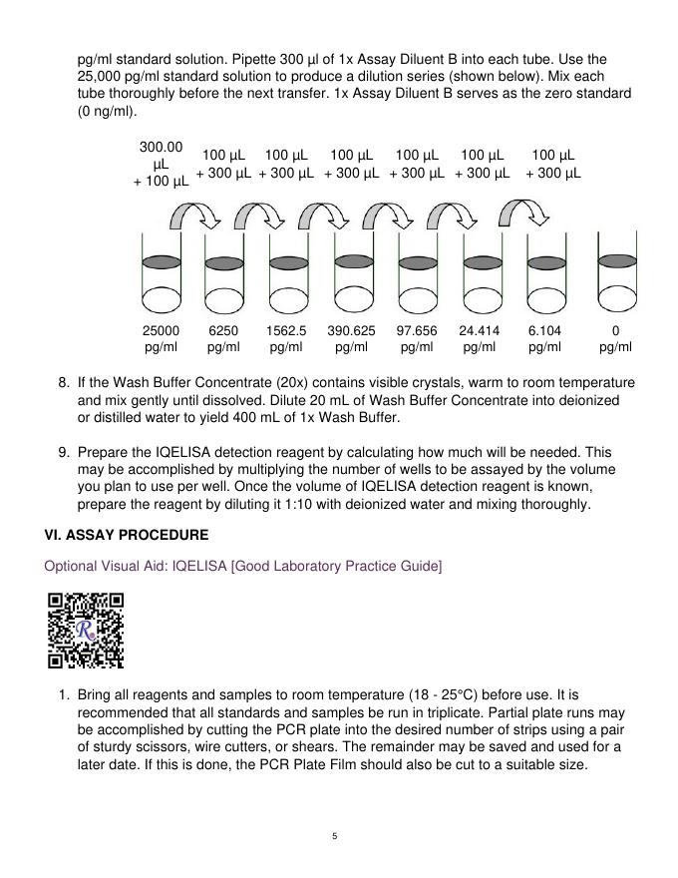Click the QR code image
(85, 630)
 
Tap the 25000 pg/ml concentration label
(162, 339)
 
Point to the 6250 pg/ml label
(223, 339)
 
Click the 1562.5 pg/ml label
(286, 339)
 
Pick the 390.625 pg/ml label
(351, 339)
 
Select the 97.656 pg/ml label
(417, 339)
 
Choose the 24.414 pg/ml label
(480, 339)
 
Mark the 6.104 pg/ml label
(544, 339)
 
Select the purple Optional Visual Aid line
(242, 567)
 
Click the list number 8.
(63, 383)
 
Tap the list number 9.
(63, 453)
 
